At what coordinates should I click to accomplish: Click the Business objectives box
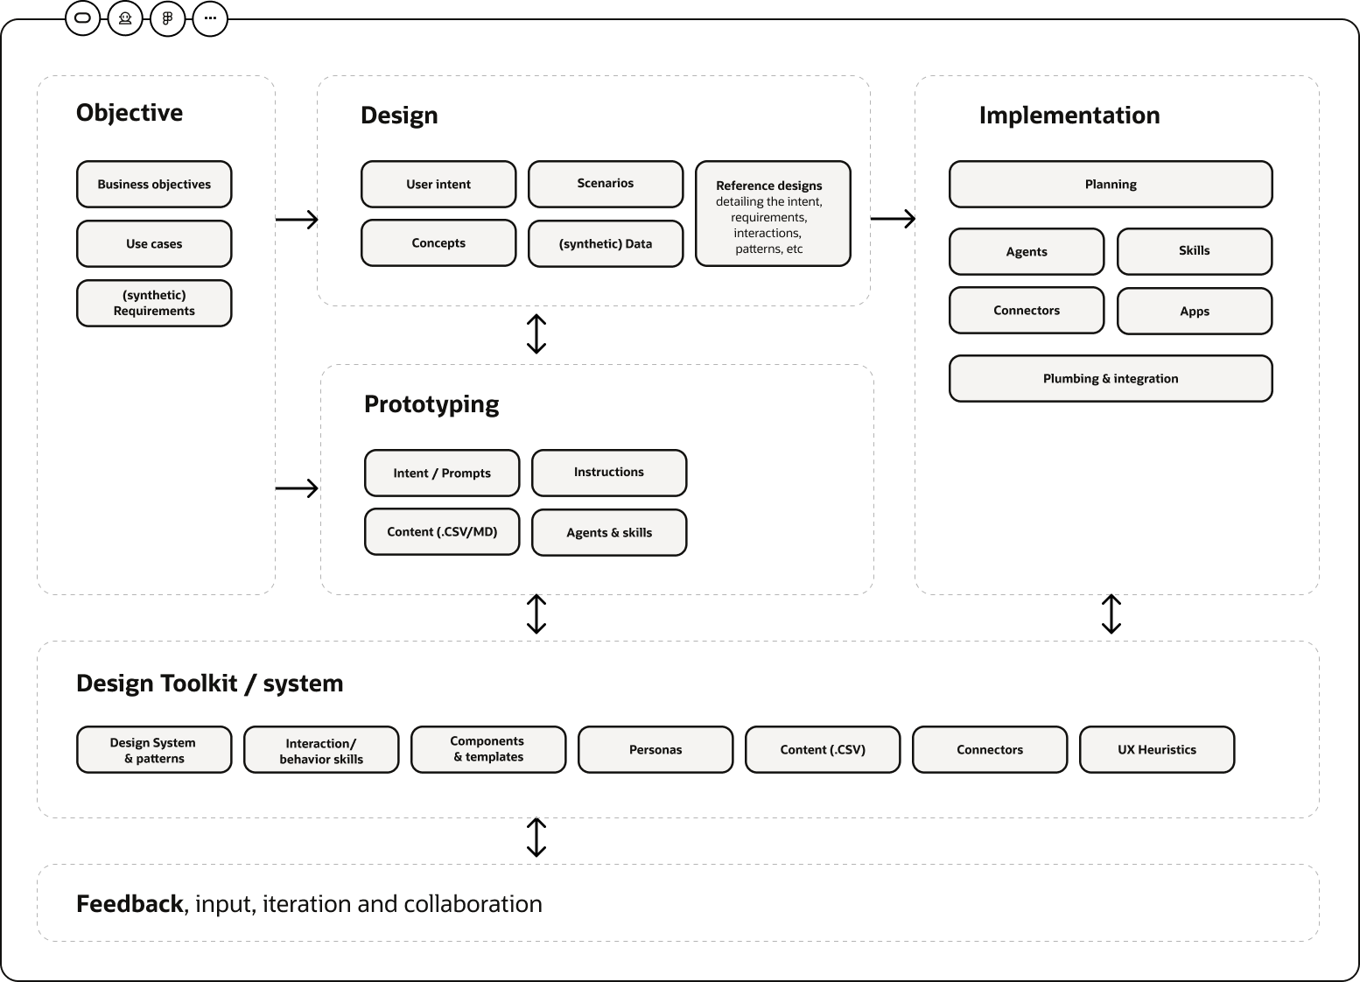click(x=154, y=184)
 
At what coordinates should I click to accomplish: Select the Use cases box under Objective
click(x=154, y=243)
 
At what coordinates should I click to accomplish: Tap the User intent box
click(x=438, y=184)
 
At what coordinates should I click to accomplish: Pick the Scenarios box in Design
click(x=606, y=184)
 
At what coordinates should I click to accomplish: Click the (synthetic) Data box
click(x=606, y=243)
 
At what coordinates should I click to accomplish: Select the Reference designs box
click(x=773, y=214)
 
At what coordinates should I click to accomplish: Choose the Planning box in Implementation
click(x=1111, y=184)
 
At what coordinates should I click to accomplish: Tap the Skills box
click(x=1195, y=251)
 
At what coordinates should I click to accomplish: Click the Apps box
click(x=1195, y=311)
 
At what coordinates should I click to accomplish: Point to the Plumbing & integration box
click(x=1111, y=378)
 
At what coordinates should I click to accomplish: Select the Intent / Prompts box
click(x=442, y=473)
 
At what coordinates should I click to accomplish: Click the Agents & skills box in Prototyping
click(x=609, y=533)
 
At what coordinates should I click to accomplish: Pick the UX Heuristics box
click(x=1157, y=749)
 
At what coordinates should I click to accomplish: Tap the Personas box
click(x=655, y=749)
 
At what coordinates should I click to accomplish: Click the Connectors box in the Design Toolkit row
click(x=990, y=749)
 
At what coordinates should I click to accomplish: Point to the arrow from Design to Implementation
click(x=893, y=219)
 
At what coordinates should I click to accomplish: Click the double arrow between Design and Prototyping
click(x=536, y=334)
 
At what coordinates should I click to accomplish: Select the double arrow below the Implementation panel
click(x=1111, y=614)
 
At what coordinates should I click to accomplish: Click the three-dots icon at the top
click(x=210, y=18)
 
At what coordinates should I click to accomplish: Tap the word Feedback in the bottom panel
click(x=130, y=903)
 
